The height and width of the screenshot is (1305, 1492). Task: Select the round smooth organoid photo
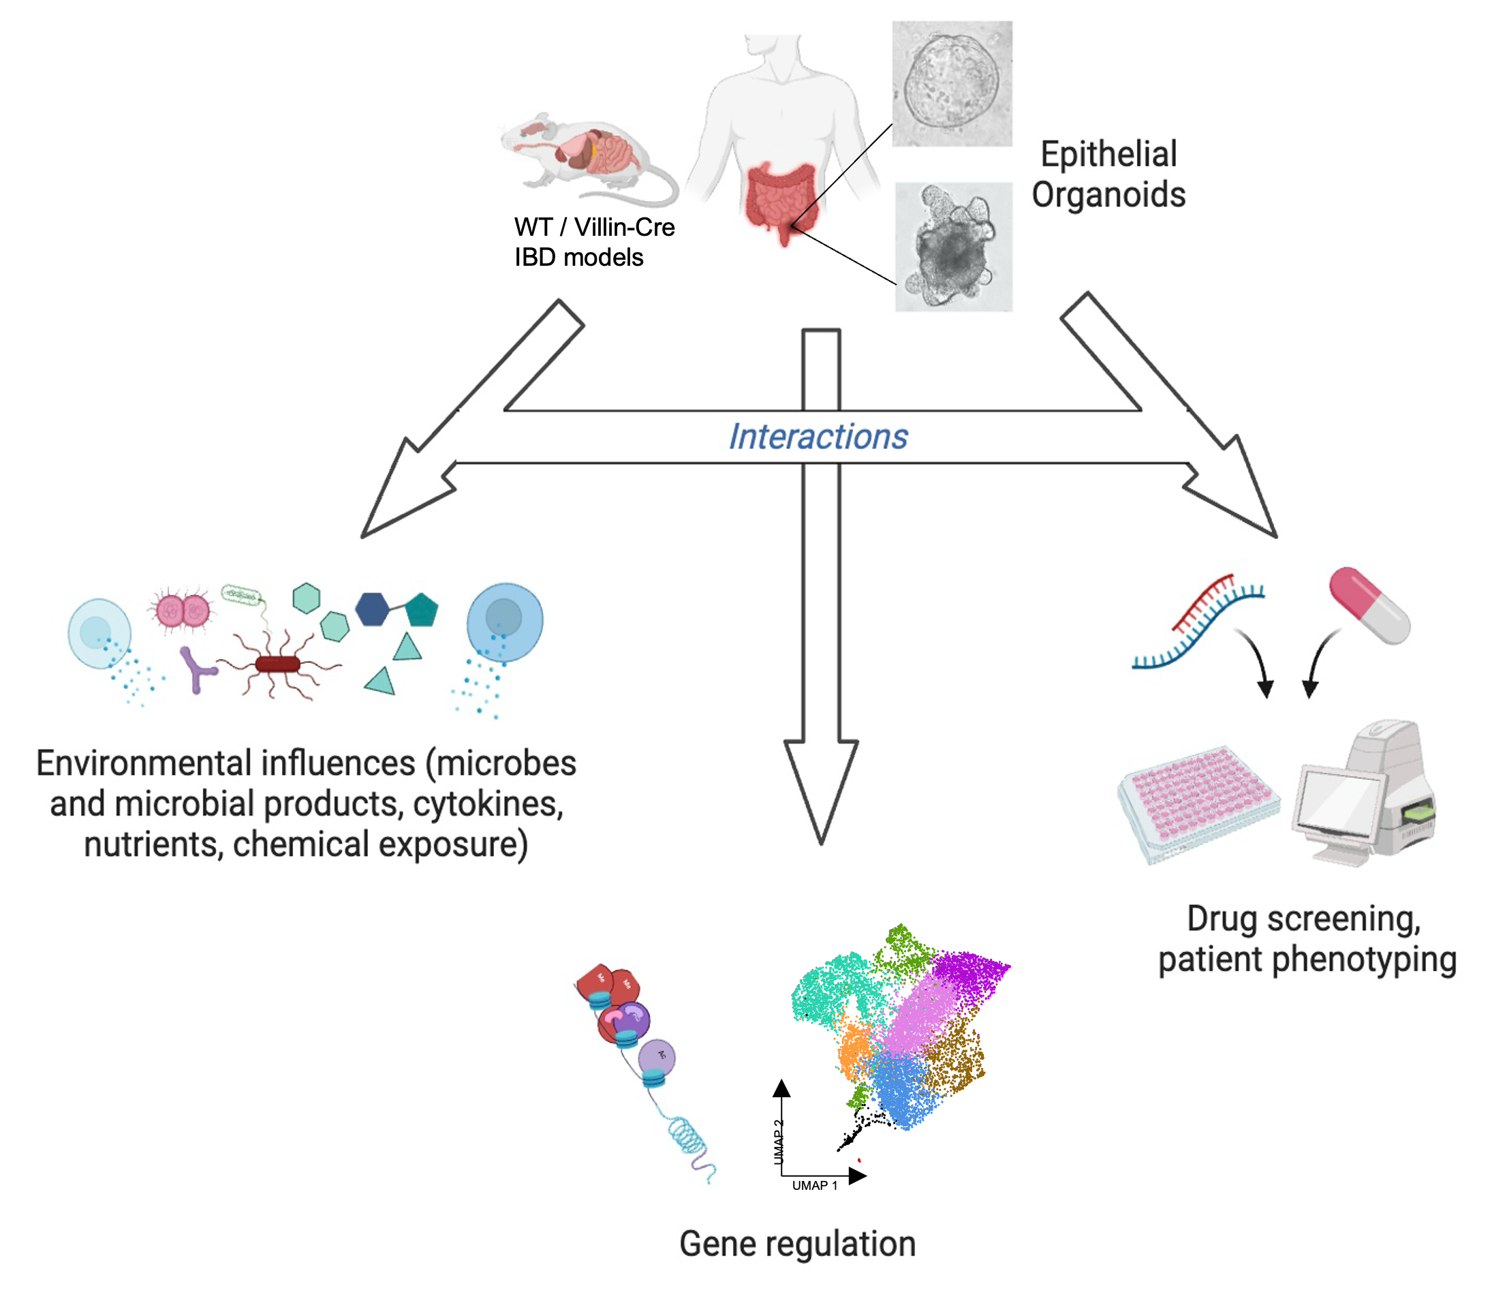(x=951, y=84)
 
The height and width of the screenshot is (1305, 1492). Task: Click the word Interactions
(x=818, y=437)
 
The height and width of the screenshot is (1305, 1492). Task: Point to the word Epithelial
(x=1108, y=155)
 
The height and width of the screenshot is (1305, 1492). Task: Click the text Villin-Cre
(x=624, y=228)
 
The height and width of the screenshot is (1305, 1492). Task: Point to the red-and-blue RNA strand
(x=1198, y=623)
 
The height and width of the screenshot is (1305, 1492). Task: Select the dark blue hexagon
(x=372, y=609)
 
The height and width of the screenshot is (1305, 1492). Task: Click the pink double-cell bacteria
(x=182, y=611)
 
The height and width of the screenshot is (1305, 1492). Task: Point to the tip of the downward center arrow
(x=821, y=841)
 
